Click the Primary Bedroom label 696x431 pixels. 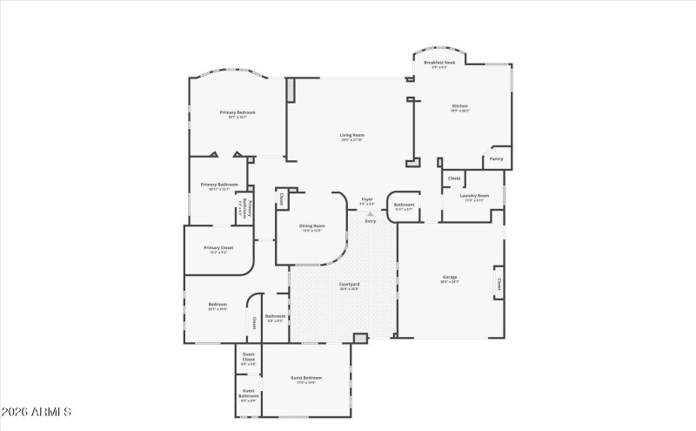tap(237, 112)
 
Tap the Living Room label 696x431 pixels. tap(351, 135)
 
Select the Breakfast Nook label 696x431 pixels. tap(440, 64)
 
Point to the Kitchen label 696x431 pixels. tap(459, 107)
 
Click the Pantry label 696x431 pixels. tap(496, 158)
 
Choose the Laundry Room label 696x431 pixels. tap(474, 196)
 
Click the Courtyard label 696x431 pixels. tap(350, 285)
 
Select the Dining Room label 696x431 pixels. tap(311, 226)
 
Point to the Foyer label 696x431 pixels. tap(367, 199)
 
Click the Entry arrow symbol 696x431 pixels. tap(371, 212)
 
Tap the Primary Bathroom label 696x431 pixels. tap(219, 185)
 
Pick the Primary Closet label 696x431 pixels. tap(218, 248)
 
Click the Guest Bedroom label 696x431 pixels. tap(306, 378)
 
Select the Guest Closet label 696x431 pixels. tap(248, 357)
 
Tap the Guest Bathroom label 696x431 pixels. tap(249, 394)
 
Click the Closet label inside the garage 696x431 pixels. tap(499, 283)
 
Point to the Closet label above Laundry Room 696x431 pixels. tap(454, 178)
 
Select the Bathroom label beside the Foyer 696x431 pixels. tap(405, 205)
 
